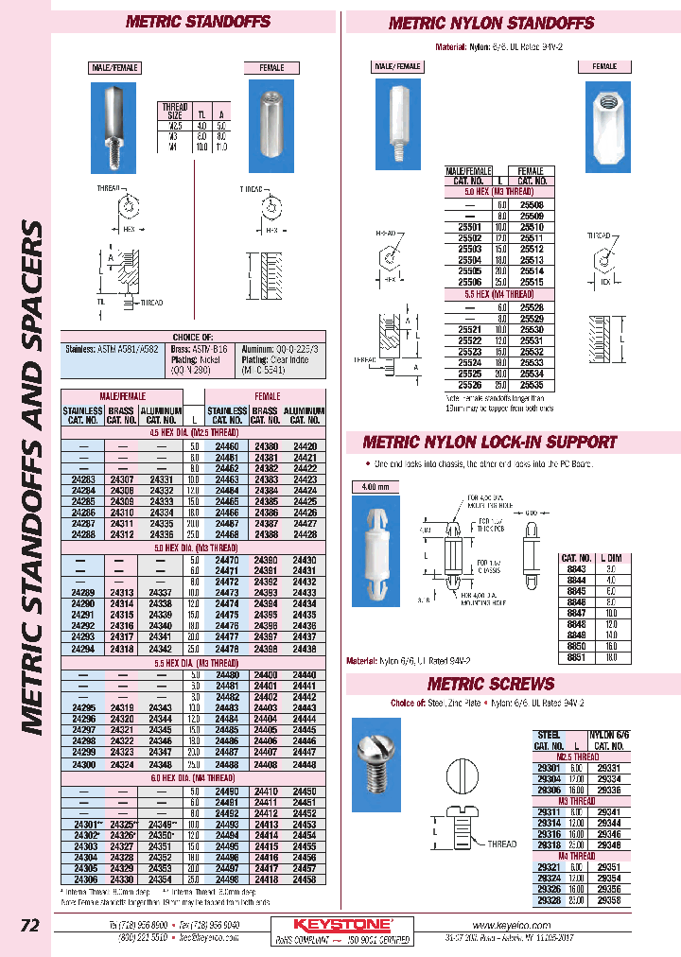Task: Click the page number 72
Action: [x=29, y=926]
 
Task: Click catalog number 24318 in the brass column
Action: [x=122, y=650]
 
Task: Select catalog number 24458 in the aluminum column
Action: [x=305, y=879]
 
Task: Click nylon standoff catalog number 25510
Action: [x=533, y=227]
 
